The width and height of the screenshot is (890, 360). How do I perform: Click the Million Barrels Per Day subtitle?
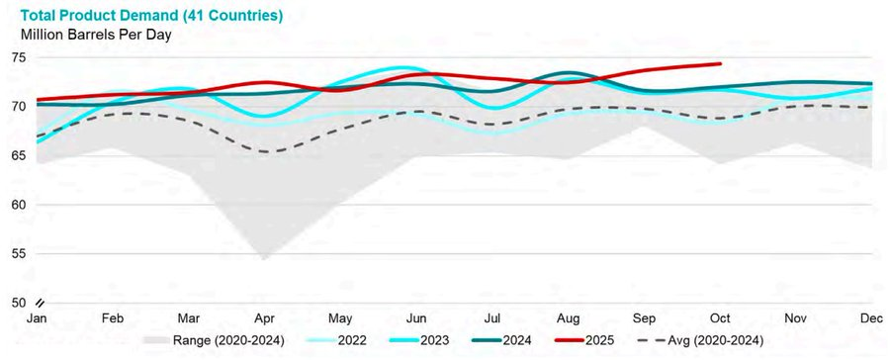96,35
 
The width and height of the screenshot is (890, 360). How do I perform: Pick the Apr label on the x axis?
264,318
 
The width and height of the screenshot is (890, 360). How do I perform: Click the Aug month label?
569,318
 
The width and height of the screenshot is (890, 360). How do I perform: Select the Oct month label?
721,318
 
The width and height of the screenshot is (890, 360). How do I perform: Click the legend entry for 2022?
336,340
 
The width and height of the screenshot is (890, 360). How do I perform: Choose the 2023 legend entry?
420,340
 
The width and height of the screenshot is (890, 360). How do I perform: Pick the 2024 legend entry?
502,340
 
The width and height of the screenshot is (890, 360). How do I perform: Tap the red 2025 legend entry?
584,340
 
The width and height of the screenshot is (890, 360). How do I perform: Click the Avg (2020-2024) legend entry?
700,340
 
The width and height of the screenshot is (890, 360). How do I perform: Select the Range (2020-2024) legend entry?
214,340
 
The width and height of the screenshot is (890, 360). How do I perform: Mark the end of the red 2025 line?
720,63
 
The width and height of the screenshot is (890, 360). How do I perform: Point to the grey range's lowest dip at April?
264,259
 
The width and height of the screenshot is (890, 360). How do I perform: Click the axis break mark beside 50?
41,302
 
